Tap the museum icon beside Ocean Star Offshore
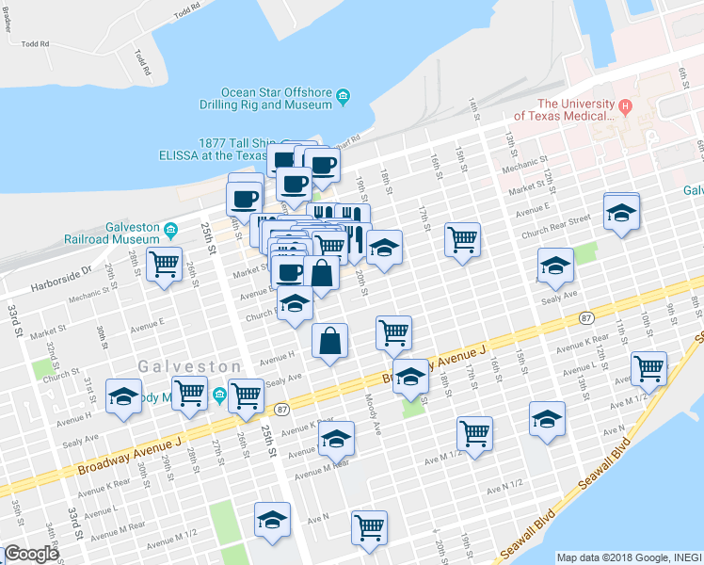[344, 95]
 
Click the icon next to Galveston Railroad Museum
[171, 229]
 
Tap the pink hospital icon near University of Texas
[624, 104]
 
